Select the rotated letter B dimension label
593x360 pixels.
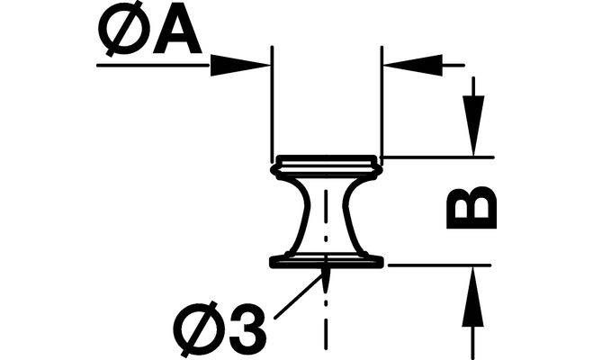(471, 208)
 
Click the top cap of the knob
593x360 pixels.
(327, 163)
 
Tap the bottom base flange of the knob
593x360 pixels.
(327, 262)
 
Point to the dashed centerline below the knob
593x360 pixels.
(327, 315)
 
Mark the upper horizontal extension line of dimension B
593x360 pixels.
(441, 157)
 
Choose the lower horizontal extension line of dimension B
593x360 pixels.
(441, 265)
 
